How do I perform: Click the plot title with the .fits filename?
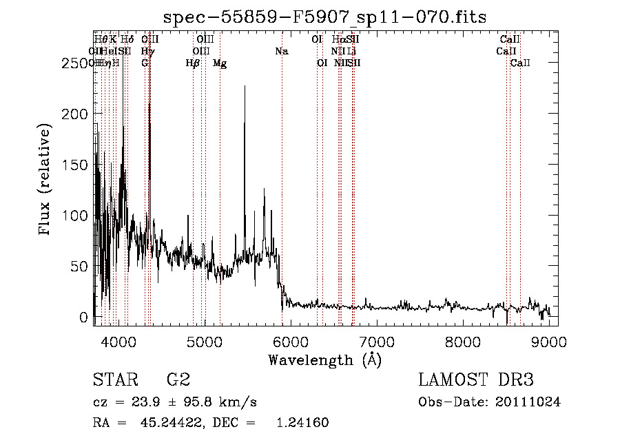point(324,18)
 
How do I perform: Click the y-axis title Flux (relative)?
point(45,180)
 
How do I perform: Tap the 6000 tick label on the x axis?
point(291,342)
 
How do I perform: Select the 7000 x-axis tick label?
point(377,342)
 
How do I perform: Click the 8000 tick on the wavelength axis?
point(463,342)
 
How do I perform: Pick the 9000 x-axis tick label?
point(549,342)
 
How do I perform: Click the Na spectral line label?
point(281,52)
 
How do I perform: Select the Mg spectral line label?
point(220,63)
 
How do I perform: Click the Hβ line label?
point(193,63)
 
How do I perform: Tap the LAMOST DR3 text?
point(476,380)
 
